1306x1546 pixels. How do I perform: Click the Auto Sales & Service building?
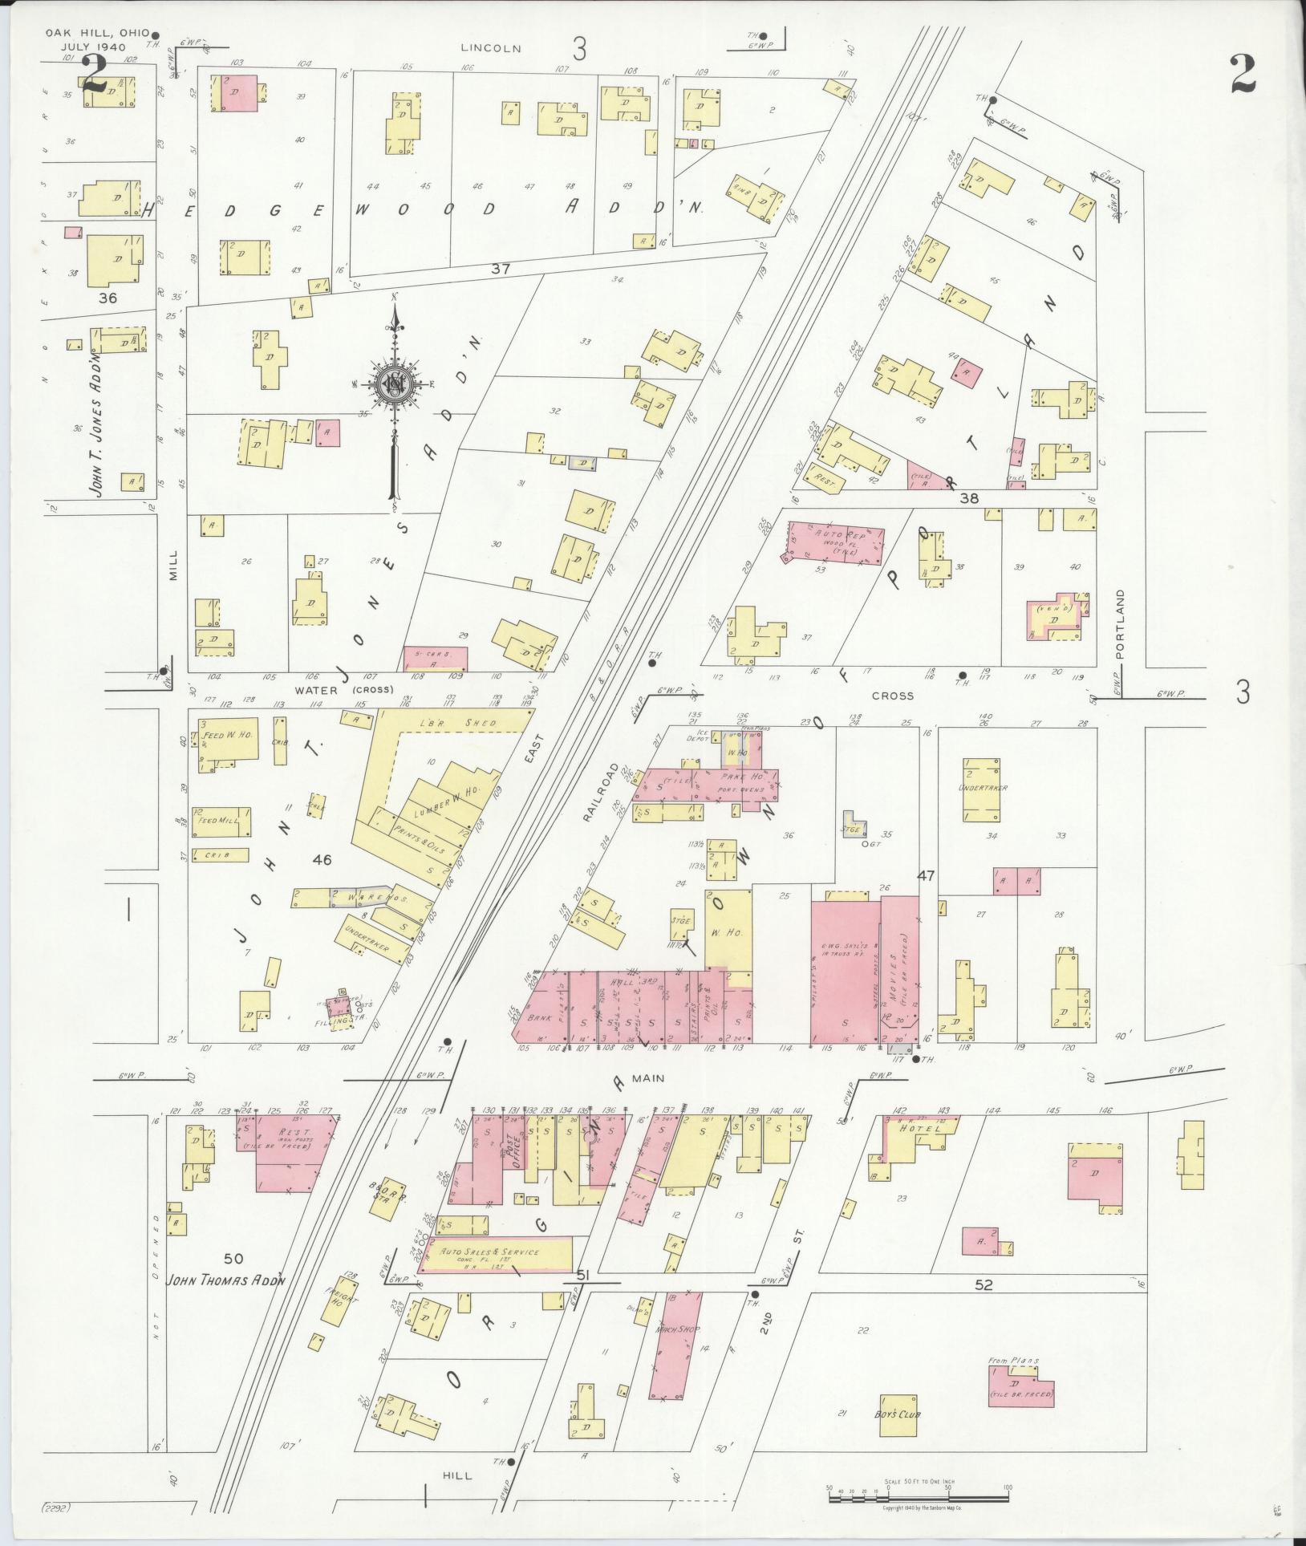(x=497, y=1252)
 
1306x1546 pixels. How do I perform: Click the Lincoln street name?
(x=491, y=48)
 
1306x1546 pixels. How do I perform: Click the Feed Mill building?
(x=221, y=822)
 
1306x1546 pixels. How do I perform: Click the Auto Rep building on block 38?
(x=835, y=542)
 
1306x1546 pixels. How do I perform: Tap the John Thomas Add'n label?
(x=225, y=1281)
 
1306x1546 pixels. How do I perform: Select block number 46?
(x=322, y=860)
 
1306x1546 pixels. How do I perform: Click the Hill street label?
(x=457, y=1475)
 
